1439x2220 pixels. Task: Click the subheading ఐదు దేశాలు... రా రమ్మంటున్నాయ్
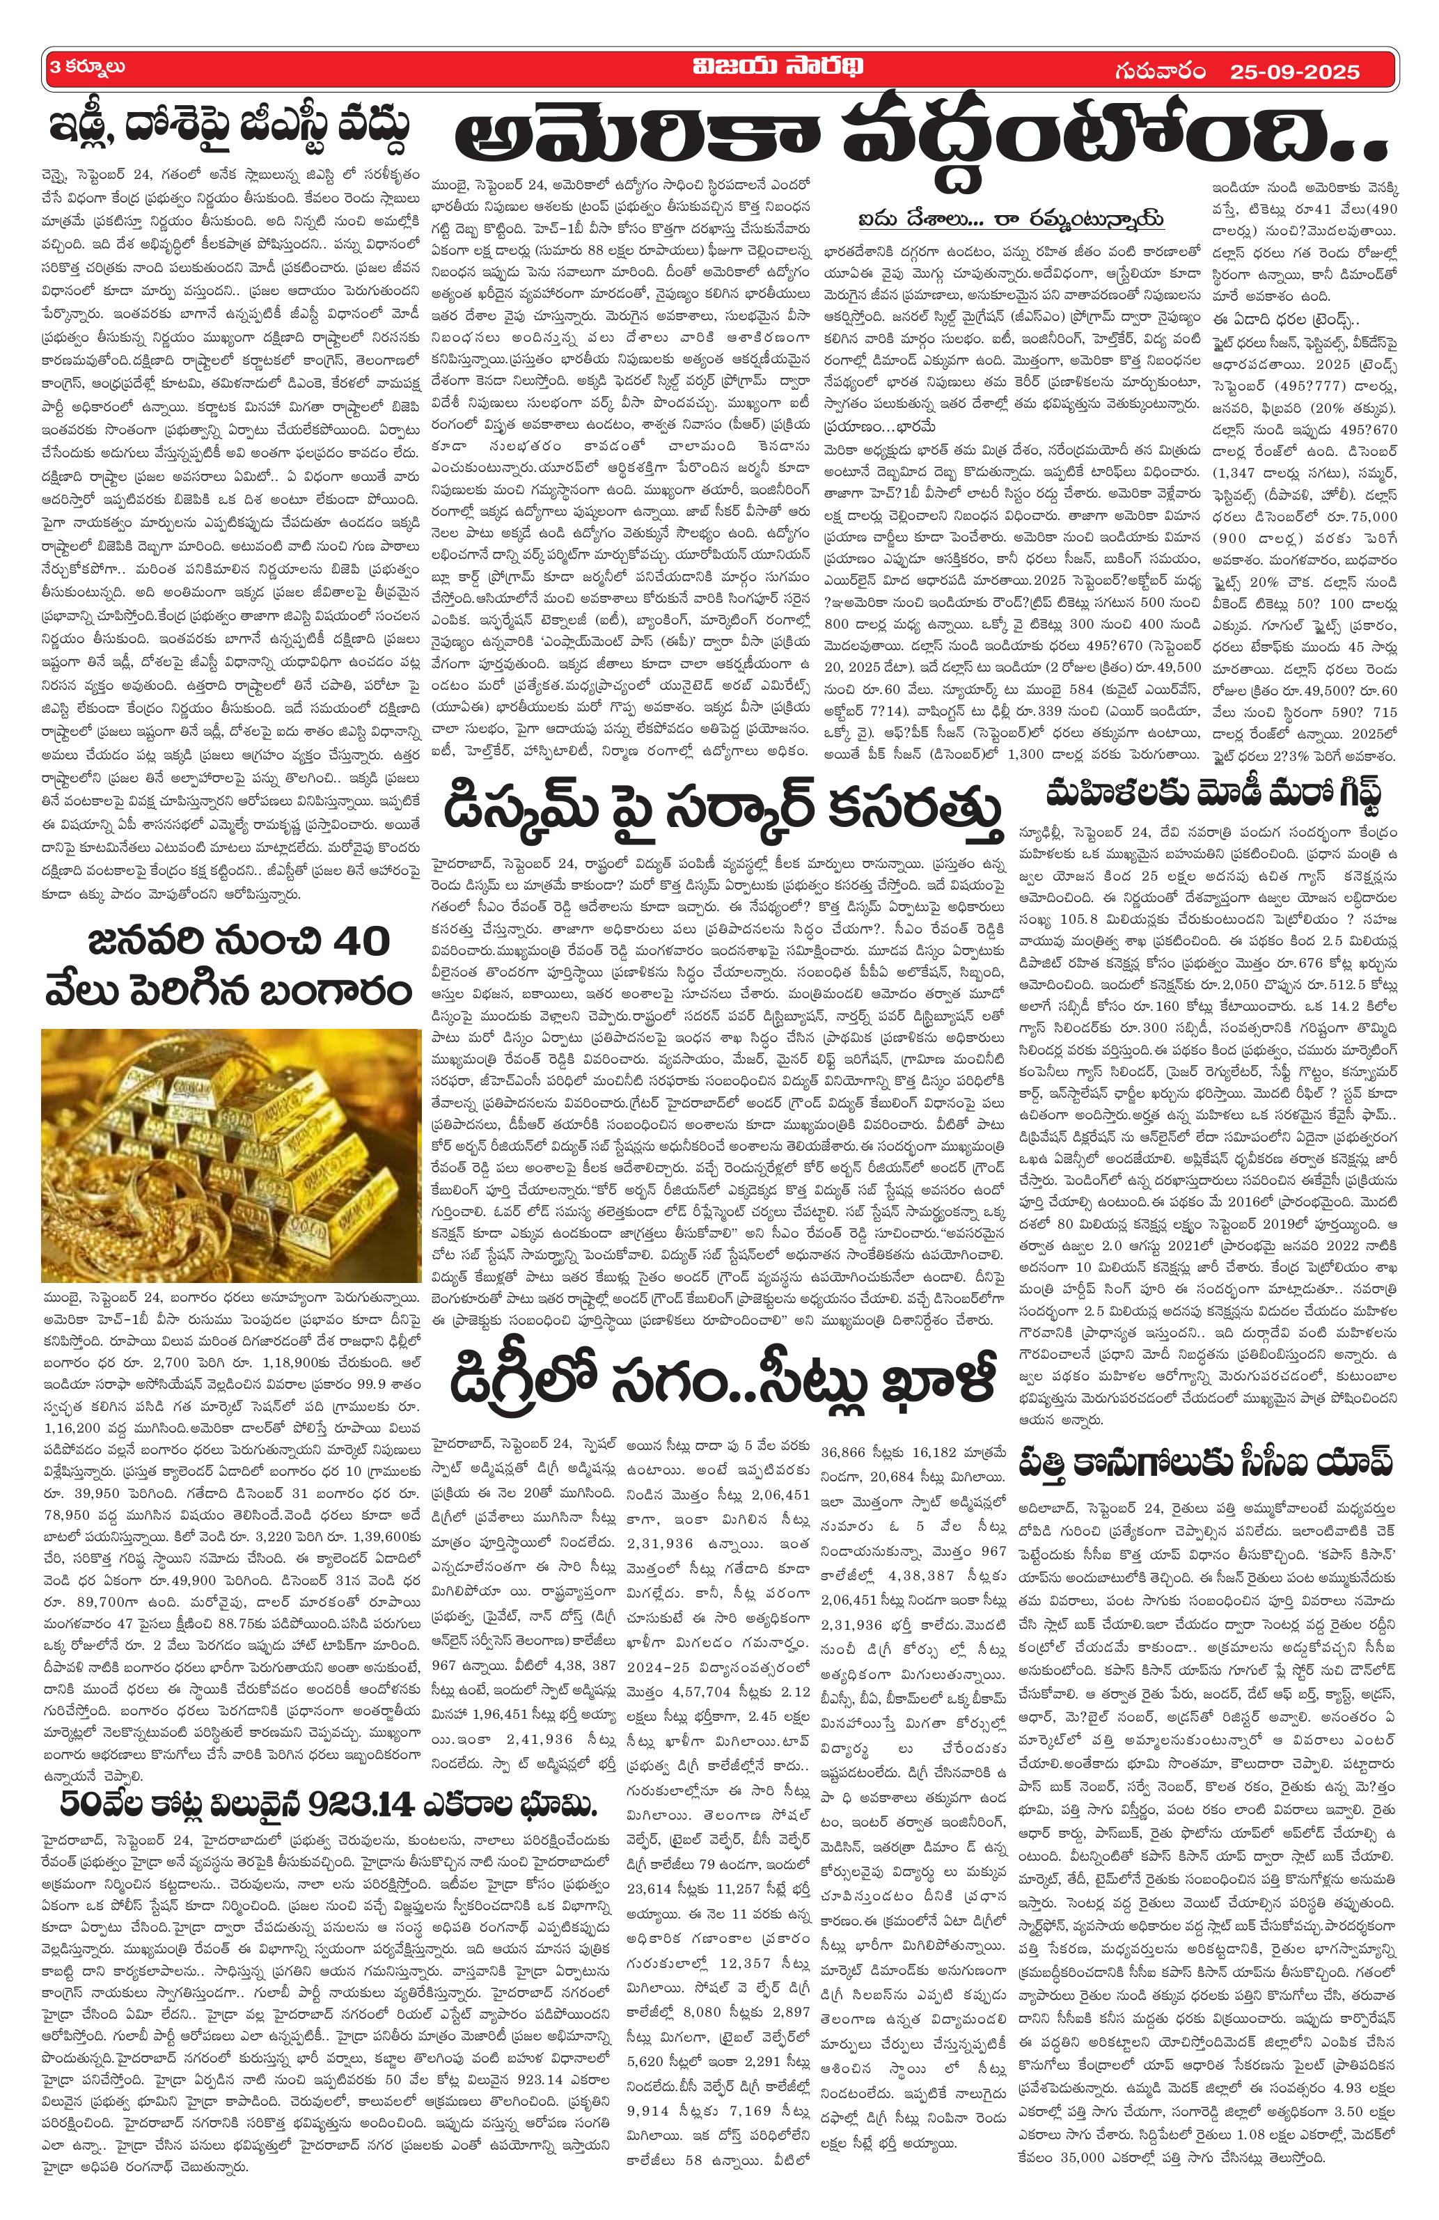click(x=1012, y=220)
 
